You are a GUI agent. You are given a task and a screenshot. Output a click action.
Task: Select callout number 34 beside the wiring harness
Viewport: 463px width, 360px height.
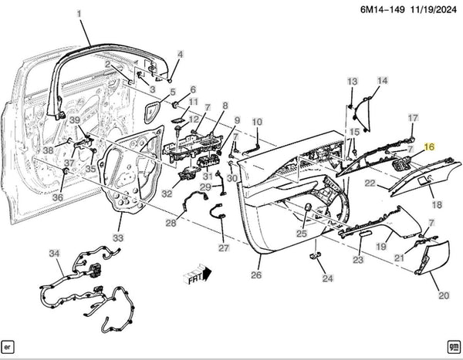click(x=53, y=254)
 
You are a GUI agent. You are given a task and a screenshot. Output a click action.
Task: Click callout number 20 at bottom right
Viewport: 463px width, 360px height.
click(x=443, y=295)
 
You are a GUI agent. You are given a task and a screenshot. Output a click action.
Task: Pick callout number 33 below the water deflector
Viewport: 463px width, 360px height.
click(x=118, y=237)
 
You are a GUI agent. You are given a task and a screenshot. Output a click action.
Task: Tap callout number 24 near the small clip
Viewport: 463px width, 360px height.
click(x=327, y=279)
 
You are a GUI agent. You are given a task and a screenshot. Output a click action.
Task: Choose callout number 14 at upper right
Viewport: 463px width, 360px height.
click(x=383, y=81)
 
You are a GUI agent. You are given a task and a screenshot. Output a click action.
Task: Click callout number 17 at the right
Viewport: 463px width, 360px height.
click(x=413, y=118)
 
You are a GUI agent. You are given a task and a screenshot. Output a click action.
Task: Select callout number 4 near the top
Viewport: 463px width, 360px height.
click(x=181, y=54)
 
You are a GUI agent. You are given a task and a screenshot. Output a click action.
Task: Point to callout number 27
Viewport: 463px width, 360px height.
click(x=224, y=248)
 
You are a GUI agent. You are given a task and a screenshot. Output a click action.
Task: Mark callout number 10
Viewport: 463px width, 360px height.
click(x=257, y=122)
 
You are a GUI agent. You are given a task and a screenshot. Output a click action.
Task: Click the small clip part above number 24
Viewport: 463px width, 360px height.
click(x=316, y=256)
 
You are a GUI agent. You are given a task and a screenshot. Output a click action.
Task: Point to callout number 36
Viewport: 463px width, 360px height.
click(x=57, y=197)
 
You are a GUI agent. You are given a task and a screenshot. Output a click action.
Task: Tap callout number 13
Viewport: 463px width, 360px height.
click(x=353, y=81)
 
